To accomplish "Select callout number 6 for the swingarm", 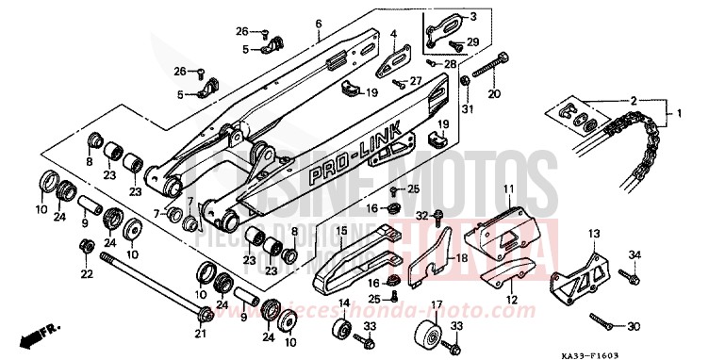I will pyautogui.click(x=318, y=24).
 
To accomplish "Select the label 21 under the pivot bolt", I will pyautogui.click(x=201, y=332).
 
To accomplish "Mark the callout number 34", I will pyautogui.click(x=634, y=254).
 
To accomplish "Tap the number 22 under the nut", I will pyautogui.click(x=86, y=274).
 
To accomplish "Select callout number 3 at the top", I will pyautogui.click(x=447, y=16).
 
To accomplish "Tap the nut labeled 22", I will pyautogui.click(x=86, y=247).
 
